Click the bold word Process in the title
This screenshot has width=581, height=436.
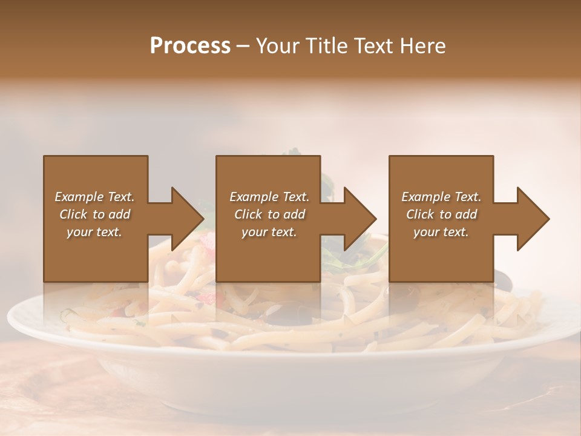190,46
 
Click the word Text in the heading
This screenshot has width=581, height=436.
375,46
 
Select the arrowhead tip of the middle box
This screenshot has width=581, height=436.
375,219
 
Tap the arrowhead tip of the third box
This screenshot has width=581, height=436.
548,219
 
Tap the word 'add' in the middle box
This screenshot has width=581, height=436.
294,214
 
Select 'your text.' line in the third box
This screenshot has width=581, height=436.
441,232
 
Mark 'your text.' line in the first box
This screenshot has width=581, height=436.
94,232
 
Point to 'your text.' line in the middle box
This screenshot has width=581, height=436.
269,232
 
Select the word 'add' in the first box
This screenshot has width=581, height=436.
120,214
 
